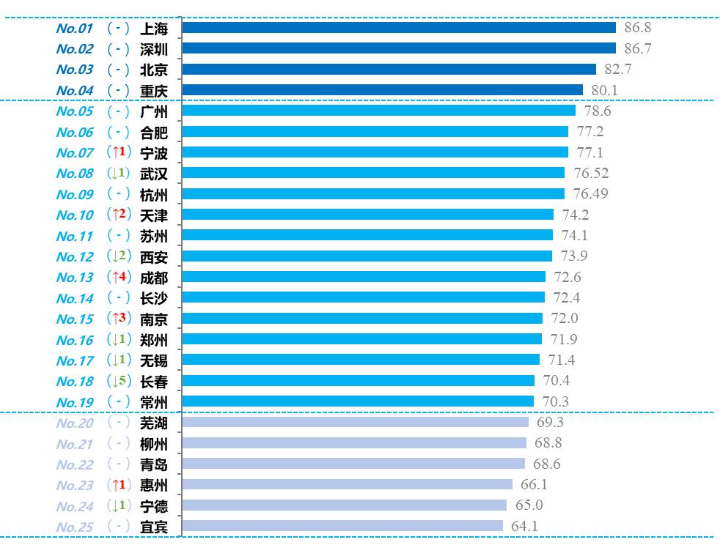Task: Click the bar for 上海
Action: [398, 28]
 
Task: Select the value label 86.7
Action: [638, 48]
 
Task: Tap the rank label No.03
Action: [75, 70]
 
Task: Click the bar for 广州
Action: [378, 111]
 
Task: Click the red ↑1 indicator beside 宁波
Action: [118, 152]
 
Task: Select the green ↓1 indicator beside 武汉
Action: [118, 174]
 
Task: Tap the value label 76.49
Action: [591, 193]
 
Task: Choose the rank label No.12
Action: [75, 257]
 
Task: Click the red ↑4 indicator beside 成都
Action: [118, 278]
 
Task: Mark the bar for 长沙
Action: [363, 297]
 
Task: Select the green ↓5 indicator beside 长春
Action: [118, 381]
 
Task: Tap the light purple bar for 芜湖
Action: [355, 422]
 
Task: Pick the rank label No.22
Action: [75, 464]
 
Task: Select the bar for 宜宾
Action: [342, 526]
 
